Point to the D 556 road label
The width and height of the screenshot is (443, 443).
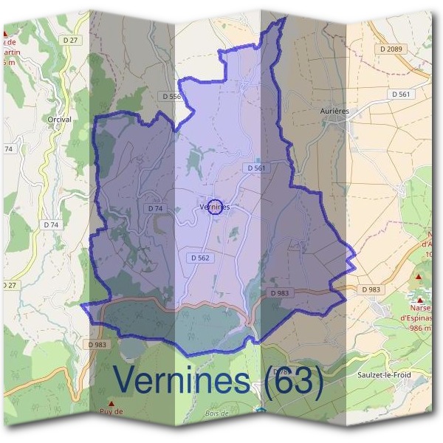coord(171,96)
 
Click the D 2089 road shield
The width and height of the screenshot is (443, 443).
coord(392,48)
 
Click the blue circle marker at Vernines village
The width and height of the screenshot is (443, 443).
coord(215,207)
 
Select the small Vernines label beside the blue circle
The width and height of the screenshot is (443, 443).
coord(214,207)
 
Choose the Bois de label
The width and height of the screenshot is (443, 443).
coord(197,413)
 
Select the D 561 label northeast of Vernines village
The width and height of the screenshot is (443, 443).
coord(256,168)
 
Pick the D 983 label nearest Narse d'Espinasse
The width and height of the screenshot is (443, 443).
coord(370,289)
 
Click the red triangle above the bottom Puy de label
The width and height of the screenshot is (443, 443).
coord(111,404)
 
